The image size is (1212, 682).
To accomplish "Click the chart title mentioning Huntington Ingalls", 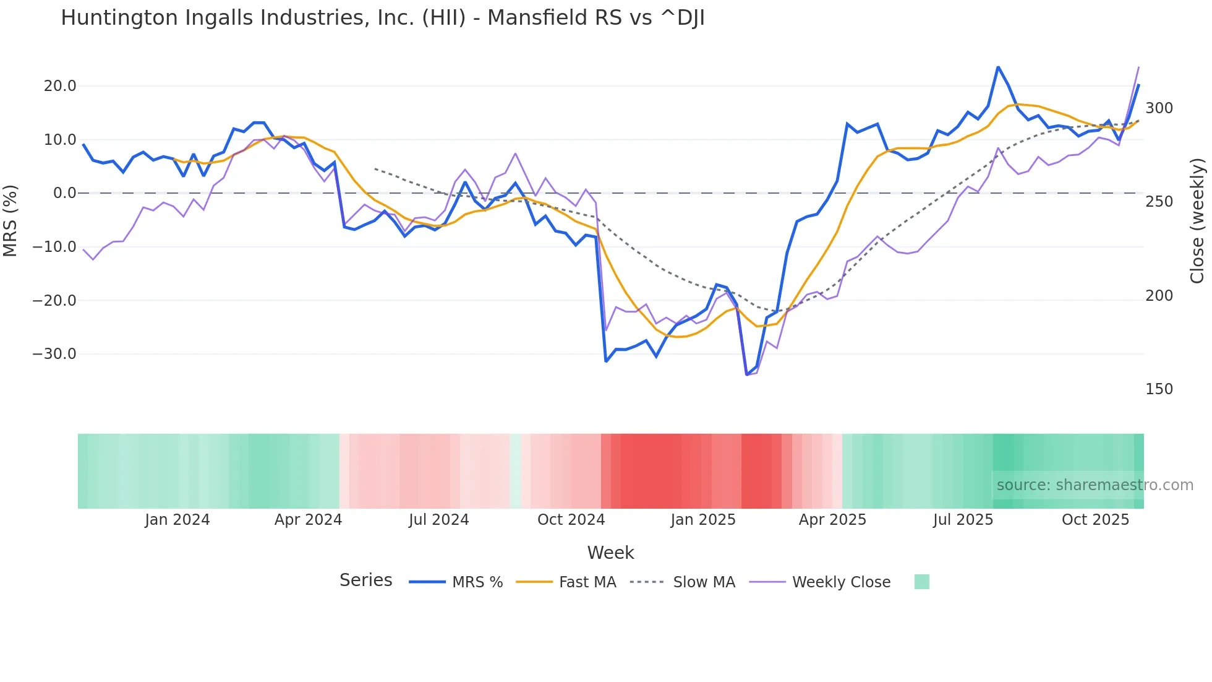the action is pyautogui.click(x=382, y=18).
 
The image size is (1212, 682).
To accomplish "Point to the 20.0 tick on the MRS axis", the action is pyautogui.click(x=60, y=86).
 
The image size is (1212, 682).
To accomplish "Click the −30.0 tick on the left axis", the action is pyautogui.click(x=54, y=354).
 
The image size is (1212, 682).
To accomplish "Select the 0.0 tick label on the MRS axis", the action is pyautogui.click(x=64, y=193).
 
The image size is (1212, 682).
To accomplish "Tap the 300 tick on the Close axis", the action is pyautogui.click(x=1159, y=108).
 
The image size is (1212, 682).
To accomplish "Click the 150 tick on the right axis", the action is pyautogui.click(x=1159, y=389).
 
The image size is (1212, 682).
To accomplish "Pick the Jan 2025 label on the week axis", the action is pyautogui.click(x=703, y=520).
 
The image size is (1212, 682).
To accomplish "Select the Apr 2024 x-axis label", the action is pyautogui.click(x=308, y=520).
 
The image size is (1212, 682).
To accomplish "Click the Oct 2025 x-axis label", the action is pyautogui.click(x=1095, y=520).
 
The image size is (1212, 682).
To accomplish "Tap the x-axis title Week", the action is pyautogui.click(x=610, y=553).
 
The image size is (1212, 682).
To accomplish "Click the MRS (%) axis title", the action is pyautogui.click(x=11, y=221).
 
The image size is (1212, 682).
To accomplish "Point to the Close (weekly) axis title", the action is pyautogui.click(x=1197, y=221).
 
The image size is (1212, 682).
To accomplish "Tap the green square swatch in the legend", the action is pyautogui.click(x=921, y=582).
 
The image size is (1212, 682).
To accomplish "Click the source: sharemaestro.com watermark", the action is pyautogui.click(x=1095, y=485).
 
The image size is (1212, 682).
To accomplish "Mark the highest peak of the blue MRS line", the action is pyautogui.click(x=998, y=67).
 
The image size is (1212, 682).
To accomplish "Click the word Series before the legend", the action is pyautogui.click(x=365, y=581).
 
